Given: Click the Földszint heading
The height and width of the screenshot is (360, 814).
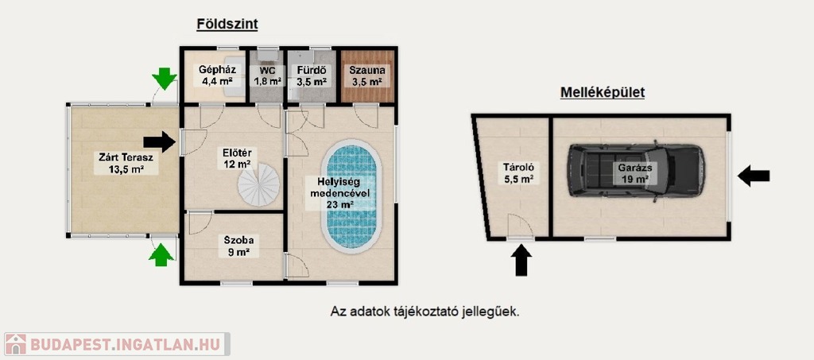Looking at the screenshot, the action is pos(227,25).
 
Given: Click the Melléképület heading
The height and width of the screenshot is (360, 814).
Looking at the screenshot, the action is pos(603,93).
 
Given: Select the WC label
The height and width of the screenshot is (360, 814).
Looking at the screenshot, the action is pos(267,70).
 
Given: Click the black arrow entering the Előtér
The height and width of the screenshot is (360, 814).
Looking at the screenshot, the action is pos(159,141).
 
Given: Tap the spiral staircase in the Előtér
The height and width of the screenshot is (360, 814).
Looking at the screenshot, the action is pos(258,184).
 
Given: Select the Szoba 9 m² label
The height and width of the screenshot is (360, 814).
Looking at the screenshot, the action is pos(235,246).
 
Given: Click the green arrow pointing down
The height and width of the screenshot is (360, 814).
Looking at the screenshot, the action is pos(165,79).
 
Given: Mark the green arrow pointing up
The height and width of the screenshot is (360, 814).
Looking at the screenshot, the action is pos(161,255).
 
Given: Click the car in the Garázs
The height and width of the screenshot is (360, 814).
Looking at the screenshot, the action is pos(636,171).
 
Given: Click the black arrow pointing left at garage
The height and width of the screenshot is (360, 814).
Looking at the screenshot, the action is pos(754,176).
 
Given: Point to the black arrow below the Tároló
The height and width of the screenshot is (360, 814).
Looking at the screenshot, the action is pos(521,260).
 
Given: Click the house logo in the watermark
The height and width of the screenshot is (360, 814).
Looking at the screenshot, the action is pos(15,344).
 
